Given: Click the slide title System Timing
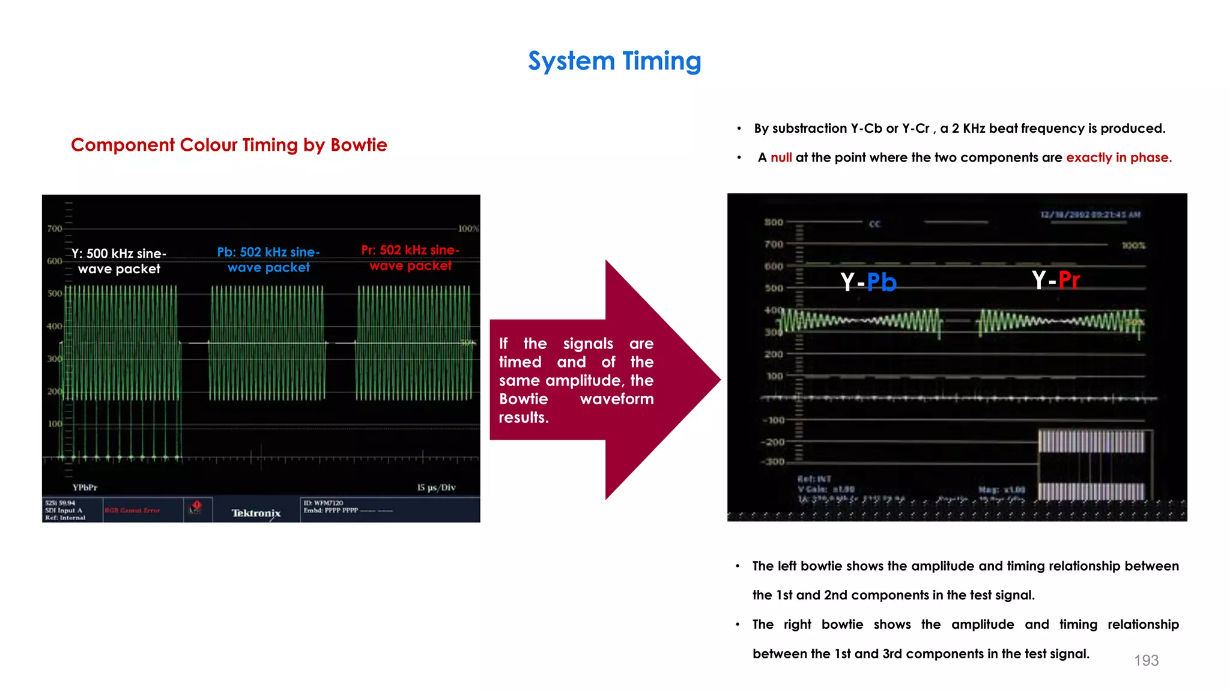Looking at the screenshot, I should pos(614,61).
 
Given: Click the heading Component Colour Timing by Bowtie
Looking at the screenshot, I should pos(229,145).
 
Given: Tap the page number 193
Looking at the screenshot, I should pos(1146,660).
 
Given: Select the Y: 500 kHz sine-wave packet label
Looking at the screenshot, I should pos(119,261).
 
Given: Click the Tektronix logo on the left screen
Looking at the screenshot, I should pos(256,512).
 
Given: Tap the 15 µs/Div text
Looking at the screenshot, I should pos(436,487).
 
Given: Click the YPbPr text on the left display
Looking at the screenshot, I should pos(85,487).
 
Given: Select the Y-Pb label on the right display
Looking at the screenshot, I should pos(868,282).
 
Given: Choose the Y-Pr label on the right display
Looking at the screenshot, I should pos(1055,280).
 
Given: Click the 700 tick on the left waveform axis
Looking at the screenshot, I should pos(54,228).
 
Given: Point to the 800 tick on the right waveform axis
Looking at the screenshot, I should pos(774,222).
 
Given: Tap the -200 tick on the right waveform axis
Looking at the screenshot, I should pos(774,442).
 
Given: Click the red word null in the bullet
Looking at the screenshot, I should pos(781,157).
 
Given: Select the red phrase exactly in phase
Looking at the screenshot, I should pos(1118,157).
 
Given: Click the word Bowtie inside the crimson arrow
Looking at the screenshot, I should pos(523,399).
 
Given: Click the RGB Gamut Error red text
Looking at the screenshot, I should pos(133,510).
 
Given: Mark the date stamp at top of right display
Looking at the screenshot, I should pos(1090,214).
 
